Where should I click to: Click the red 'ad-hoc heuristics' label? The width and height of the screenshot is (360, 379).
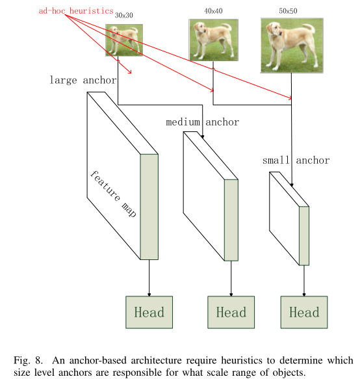[75, 11]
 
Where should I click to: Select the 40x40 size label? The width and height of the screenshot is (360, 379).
[212, 11]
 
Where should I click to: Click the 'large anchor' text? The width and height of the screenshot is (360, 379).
[83, 81]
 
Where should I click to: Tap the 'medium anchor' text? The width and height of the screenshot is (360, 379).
[202, 122]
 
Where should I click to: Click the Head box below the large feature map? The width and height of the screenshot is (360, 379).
[149, 313]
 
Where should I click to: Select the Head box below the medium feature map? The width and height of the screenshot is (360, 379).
[231, 313]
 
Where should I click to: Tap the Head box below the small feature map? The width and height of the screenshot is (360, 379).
[304, 313]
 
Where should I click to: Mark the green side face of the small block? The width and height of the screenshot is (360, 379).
[303, 236]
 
